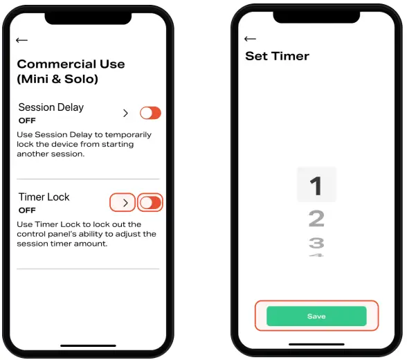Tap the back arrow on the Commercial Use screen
pos(21,41)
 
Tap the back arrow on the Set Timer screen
pos(250,39)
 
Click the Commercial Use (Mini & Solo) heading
pos(71,71)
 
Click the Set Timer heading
pos(277,56)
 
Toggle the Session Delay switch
pos(150,113)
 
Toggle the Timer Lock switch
pos(150,203)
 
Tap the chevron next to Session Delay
pos(125,113)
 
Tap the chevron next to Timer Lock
pos(124,203)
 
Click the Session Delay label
pos(51,107)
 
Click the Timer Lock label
pos(44,197)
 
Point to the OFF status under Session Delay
pos(27,120)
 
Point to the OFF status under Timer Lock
pos(27,210)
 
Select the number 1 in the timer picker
pos(316,186)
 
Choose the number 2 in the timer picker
pos(316,219)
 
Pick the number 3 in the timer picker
pos(316,243)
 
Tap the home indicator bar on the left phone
pos(88,345)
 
